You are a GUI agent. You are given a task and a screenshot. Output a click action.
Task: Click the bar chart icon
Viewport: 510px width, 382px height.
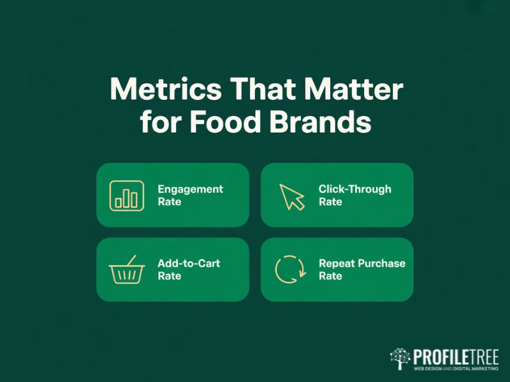(126, 195)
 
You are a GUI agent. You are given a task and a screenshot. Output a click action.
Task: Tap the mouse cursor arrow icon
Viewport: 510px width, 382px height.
(291, 196)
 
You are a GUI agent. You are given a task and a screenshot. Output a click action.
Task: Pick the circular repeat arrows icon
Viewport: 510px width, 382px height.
(290, 269)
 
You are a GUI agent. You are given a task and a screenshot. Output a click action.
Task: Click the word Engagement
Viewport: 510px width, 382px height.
(190, 189)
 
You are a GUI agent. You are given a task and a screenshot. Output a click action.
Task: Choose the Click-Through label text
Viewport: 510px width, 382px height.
(354, 189)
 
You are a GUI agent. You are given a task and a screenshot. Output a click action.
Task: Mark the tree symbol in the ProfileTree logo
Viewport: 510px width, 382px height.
(400, 359)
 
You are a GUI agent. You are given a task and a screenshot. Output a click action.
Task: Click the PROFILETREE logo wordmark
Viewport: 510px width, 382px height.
(455, 356)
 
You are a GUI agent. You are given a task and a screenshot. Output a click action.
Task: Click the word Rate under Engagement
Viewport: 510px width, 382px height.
(170, 202)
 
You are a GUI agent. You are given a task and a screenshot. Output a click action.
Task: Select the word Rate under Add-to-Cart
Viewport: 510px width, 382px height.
(170, 276)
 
